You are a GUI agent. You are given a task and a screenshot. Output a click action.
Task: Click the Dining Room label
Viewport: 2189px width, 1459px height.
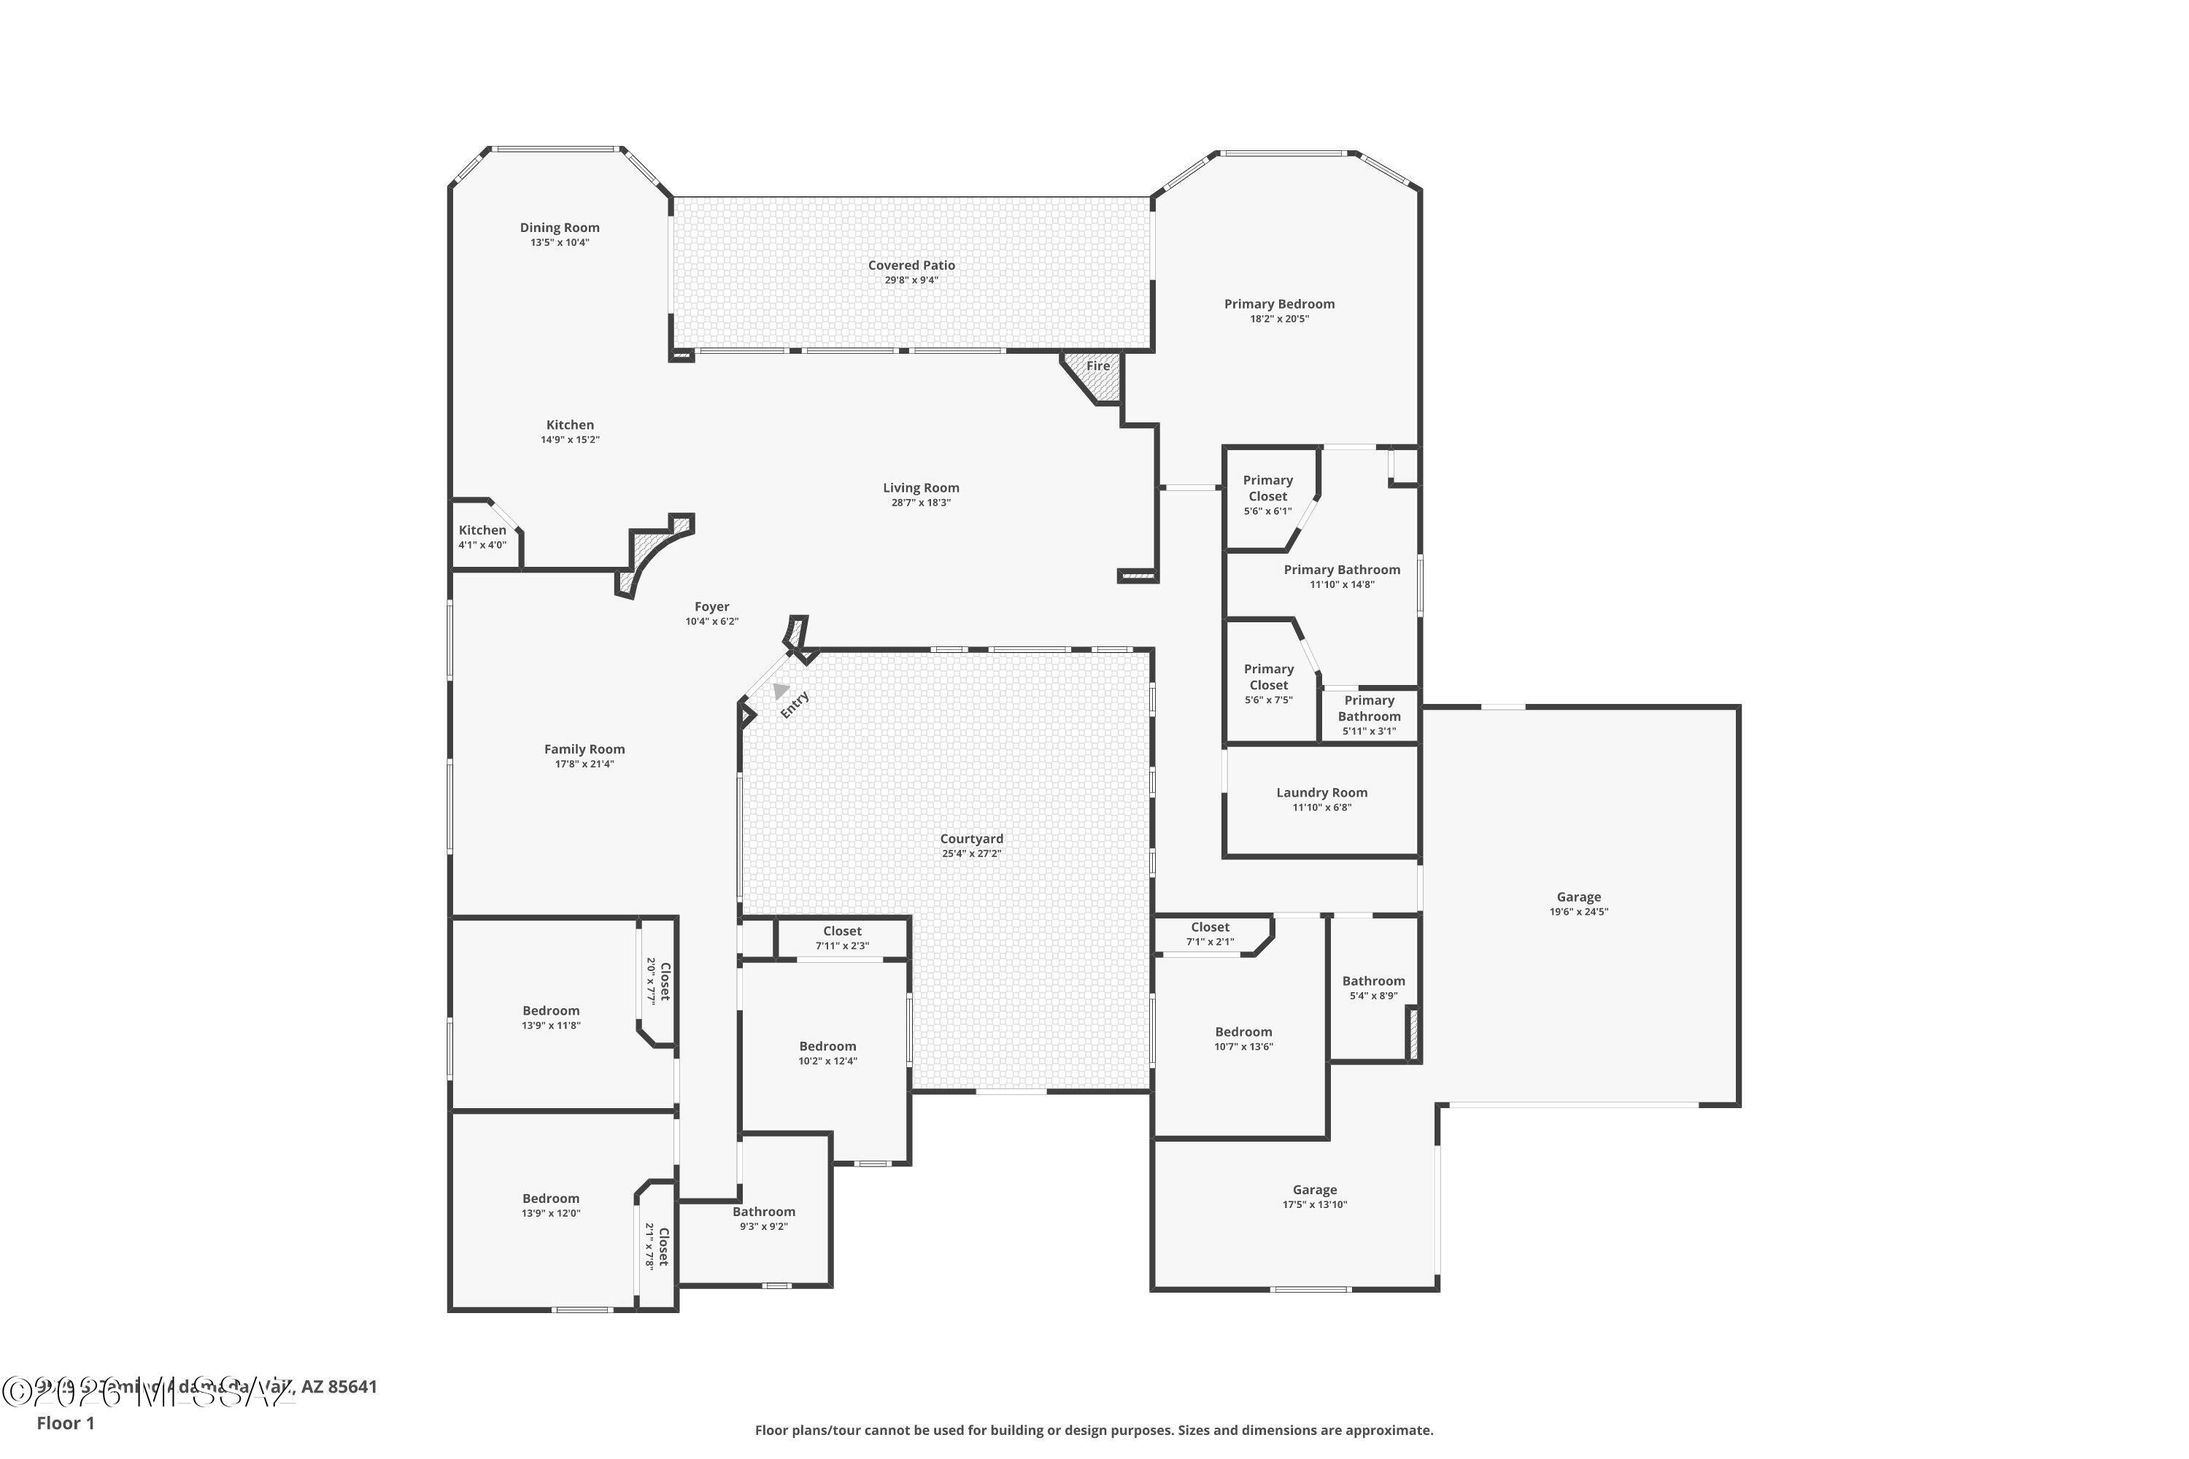[560, 228]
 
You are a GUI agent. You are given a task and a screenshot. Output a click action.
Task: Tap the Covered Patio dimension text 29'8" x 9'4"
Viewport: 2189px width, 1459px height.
[911, 280]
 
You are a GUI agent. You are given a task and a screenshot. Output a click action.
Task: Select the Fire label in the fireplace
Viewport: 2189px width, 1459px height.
[1098, 365]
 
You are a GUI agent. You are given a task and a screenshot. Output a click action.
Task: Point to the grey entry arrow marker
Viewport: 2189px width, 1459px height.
[780, 690]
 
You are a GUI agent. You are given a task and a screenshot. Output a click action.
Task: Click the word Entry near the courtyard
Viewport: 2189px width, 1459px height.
[795, 705]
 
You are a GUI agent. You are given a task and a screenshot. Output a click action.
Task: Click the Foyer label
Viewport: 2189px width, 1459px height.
[712, 607]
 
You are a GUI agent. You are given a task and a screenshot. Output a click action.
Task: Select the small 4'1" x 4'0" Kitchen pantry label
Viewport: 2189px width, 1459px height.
[482, 537]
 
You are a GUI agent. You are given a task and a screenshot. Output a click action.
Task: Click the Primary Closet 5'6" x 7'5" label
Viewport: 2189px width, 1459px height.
[1269, 684]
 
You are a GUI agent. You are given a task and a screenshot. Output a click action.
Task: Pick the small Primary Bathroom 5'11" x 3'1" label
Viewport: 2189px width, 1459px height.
[1369, 715]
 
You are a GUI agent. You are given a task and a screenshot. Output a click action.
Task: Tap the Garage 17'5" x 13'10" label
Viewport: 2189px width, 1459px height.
[1314, 1196]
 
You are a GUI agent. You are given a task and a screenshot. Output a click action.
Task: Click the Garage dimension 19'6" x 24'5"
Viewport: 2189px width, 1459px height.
[1578, 912]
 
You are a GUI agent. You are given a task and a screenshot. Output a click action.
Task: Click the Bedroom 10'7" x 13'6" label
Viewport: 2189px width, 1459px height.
[1243, 1038]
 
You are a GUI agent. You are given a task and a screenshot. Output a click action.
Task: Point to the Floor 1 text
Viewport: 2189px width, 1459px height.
[65, 1423]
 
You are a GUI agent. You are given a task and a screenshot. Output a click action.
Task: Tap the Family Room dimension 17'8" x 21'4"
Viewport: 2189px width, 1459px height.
[584, 765]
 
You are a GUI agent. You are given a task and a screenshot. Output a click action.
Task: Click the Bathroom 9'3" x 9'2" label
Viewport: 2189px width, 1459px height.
[764, 1219]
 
